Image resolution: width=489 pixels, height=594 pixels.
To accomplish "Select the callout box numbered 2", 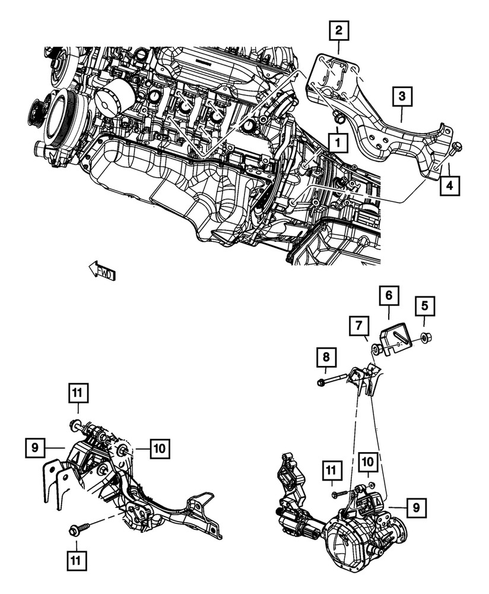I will tap(338, 30).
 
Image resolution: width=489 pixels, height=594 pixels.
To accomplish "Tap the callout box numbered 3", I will tap(402, 96).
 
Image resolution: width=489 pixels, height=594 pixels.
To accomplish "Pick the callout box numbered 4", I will tap(449, 186).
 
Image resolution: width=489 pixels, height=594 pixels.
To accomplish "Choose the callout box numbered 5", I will tap(424, 307).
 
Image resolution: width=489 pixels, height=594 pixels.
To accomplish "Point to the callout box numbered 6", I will tap(389, 295).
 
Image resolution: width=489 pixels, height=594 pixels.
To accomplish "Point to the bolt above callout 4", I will tap(456, 147).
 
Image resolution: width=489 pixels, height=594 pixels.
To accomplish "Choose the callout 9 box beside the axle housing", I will tap(416, 508).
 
